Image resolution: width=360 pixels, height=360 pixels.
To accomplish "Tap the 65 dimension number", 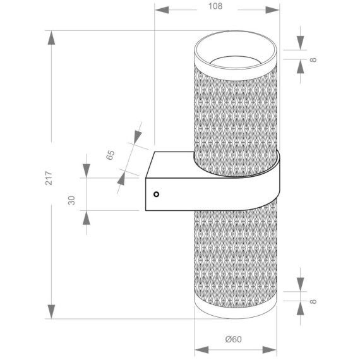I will click(111, 156).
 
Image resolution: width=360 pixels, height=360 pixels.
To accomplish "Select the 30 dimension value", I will click(72, 200).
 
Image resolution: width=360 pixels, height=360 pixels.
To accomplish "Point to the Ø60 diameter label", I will click(234, 340).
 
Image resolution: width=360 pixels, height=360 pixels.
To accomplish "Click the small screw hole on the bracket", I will click(156, 195).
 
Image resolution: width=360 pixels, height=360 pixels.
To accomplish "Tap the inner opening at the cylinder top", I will click(234, 61).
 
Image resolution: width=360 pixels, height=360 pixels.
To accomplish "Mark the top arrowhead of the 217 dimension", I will click(51, 37).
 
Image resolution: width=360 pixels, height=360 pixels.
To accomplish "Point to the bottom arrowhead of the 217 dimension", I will click(51, 311).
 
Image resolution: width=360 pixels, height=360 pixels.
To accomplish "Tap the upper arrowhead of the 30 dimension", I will click(86, 170).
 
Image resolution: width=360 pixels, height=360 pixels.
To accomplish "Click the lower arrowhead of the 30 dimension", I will click(86, 217).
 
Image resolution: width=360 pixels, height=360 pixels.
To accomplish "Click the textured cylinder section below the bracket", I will click(234, 259).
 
